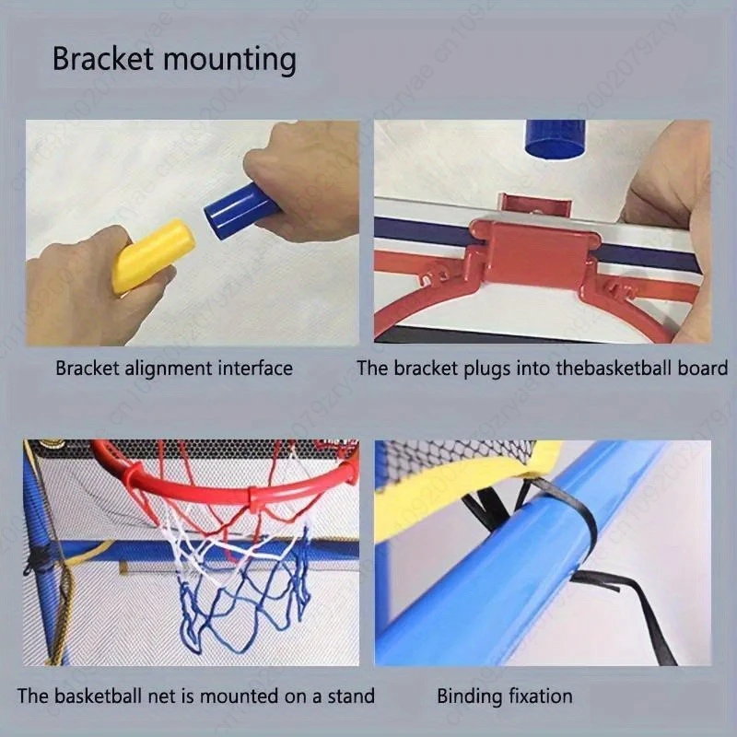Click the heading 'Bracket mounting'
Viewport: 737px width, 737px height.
[174, 60]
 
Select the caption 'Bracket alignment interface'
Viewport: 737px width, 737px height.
[174, 368]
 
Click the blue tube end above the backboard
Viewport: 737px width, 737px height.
[555, 138]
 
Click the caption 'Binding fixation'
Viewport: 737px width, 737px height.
[505, 696]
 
